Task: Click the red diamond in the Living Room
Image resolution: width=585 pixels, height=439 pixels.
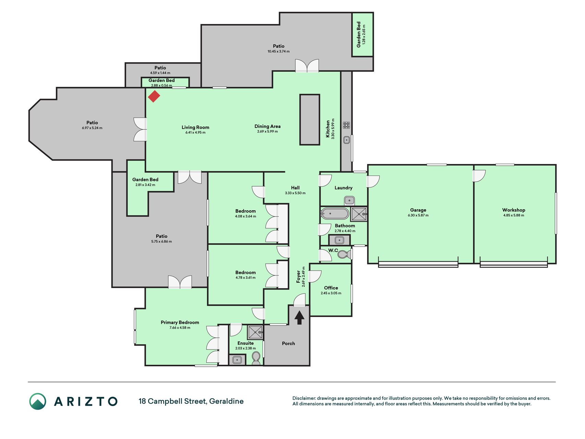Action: tap(154, 96)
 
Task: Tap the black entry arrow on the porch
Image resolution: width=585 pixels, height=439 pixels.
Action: tap(300, 318)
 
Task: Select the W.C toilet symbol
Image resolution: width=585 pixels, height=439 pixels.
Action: tap(344, 254)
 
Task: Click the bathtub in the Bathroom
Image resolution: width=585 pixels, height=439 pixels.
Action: tap(335, 214)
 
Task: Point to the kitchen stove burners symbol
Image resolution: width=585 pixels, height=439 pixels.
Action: tap(346, 125)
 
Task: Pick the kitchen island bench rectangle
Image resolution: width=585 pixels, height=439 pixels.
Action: tap(310, 120)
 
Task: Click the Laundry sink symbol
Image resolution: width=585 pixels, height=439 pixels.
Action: tap(349, 200)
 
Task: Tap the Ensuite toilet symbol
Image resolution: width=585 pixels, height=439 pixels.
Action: tap(256, 358)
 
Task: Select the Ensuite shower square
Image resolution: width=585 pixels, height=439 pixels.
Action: tap(255, 332)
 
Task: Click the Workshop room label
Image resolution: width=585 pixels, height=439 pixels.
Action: tap(514, 210)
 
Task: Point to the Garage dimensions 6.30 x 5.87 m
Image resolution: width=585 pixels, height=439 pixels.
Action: tap(418, 215)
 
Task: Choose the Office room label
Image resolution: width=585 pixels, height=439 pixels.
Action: tap(331, 288)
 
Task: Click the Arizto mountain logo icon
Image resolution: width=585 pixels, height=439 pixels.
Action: tap(38, 401)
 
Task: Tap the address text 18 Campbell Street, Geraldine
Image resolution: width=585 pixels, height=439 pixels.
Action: tap(191, 401)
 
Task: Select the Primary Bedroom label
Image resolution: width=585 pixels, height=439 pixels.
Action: tap(180, 322)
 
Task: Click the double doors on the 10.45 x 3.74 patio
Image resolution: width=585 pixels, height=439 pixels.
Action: tap(307, 66)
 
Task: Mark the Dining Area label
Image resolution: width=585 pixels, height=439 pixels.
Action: tap(267, 126)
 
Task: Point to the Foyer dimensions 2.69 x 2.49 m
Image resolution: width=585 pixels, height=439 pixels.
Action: tap(303, 277)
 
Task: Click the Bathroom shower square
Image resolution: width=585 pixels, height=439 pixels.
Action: tap(359, 214)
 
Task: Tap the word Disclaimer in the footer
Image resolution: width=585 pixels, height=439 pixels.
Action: tap(304, 398)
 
